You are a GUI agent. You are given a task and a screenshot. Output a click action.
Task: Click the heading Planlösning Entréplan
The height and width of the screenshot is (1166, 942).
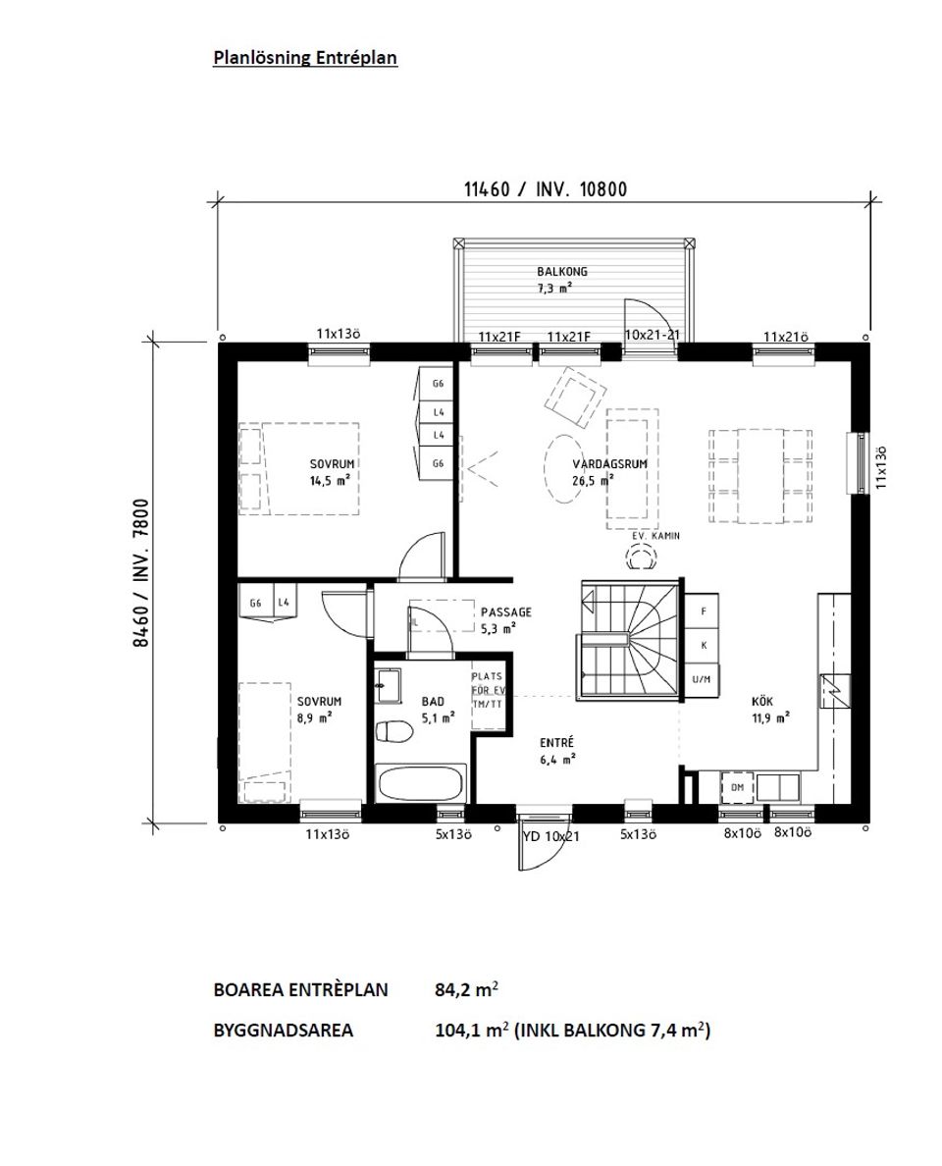(x=305, y=58)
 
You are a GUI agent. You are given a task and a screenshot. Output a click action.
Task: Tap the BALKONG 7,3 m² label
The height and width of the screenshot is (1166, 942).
(x=554, y=280)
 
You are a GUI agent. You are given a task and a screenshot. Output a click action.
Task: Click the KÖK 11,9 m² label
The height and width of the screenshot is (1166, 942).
(x=769, y=710)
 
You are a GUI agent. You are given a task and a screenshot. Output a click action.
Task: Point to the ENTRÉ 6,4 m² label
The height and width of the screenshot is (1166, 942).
(x=555, y=750)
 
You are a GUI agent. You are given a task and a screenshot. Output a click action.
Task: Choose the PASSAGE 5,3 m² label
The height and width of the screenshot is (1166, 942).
(x=505, y=619)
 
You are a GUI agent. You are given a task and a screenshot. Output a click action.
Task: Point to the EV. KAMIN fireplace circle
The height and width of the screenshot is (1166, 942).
(x=643, y=558)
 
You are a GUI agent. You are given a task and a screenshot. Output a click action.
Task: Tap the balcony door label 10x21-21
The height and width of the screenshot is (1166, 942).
(x=653, y=336)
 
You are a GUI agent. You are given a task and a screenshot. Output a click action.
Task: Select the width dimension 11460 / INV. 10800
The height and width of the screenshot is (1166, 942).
(x=546, y=190)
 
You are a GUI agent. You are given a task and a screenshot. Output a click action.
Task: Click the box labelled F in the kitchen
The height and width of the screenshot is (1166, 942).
(x=703, y=611)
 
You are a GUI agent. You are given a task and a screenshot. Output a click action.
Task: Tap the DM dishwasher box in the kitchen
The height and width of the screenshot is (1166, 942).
(x=735, y=786)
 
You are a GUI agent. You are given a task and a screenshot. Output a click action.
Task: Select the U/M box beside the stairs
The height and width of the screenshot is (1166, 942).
(x=702, y=678)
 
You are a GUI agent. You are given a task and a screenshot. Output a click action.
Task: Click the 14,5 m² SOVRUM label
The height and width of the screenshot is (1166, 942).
(x=332, y=472)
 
